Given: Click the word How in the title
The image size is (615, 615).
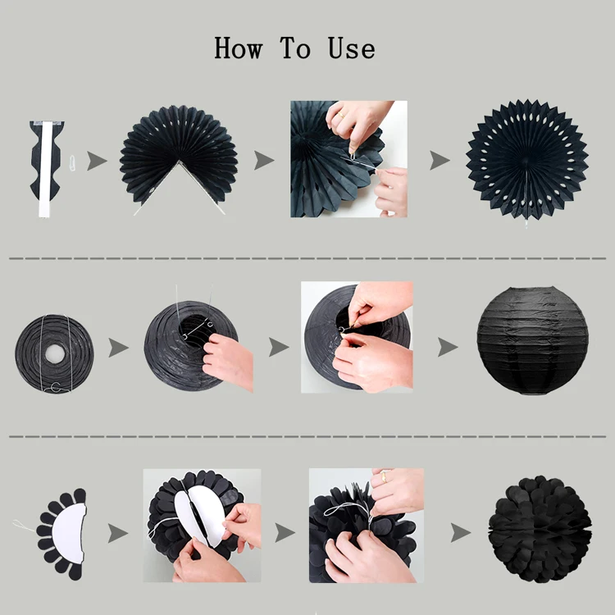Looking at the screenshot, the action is [238, 48].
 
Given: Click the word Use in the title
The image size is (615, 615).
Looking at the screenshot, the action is [352, 48].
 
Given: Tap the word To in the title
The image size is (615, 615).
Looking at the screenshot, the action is [295, 48].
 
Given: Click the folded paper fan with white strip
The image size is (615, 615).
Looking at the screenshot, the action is [46, 169].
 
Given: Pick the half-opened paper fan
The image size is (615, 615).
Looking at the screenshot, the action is [179, 157].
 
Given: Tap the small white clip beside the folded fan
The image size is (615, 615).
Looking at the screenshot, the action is [72, 162].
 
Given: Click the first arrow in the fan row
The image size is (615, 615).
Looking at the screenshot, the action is [97, 161].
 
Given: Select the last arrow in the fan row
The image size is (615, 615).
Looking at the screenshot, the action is [440, 160].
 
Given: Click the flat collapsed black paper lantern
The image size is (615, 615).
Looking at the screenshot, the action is [54, 353].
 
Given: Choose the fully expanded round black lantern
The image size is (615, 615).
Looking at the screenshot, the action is [533, 340].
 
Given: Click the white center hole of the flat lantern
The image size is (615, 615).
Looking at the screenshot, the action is [54, 353].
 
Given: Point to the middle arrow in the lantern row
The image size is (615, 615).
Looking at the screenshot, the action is [279, 347].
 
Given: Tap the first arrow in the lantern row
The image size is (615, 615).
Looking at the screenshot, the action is [118, 348].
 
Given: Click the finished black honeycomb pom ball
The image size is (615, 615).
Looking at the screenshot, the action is [540, 530].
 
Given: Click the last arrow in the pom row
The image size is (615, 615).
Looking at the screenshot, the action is [461, 533].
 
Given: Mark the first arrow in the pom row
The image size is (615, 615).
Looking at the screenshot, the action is [117, 533].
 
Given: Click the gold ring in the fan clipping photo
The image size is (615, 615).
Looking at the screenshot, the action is [340, 116].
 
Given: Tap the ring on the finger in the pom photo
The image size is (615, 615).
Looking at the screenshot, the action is [384, 476].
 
